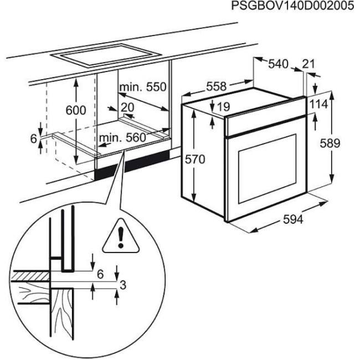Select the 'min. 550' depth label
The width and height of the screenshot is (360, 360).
[142, 87]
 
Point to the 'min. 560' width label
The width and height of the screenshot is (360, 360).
[122, 137]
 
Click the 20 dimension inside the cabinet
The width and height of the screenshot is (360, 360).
[128, 107]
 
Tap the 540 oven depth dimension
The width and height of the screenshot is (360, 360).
[278, 64]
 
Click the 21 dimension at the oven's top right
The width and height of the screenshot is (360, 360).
[309, 64]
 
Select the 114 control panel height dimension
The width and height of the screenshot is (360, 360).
[319, 104]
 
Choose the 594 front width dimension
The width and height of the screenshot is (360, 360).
[294, 220]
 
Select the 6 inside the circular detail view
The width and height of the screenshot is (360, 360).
[100, 274]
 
